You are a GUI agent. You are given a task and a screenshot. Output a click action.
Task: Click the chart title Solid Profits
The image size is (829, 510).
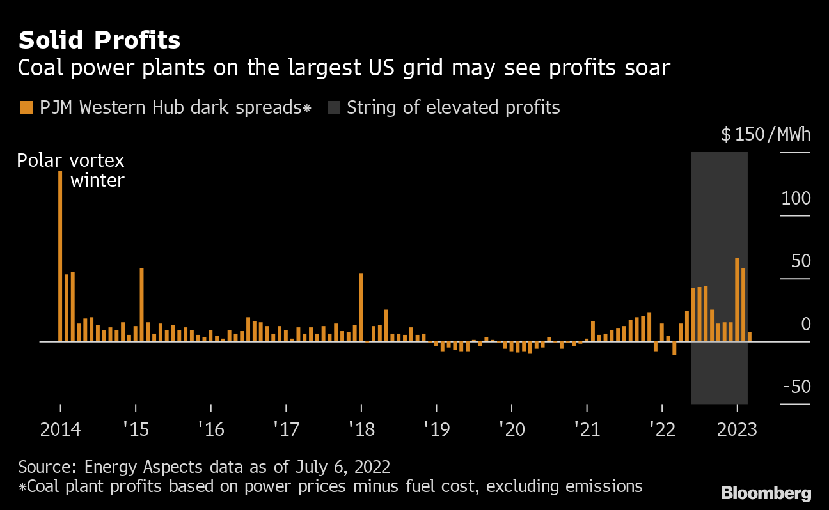pyautogui.click(x=99, y=40)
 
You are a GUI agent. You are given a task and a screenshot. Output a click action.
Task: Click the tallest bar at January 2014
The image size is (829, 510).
pyautogui.click(x=60, y=256)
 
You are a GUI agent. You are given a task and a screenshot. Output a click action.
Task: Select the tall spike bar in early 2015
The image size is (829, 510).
pyautogui.click(x=141, y=304)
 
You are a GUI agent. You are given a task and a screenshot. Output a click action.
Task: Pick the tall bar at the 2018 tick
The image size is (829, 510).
pyautogui.click(x=361, y=307)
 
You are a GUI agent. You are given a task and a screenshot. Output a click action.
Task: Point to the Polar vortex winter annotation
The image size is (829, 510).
pyautogui.click(x=70, y=170)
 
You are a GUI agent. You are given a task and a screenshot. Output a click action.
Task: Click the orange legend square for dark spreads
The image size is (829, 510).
pyautogui.click(x=26, y=107)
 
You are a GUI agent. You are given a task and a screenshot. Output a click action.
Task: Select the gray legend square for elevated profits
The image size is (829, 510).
pyautogui.click(x=333, y=107)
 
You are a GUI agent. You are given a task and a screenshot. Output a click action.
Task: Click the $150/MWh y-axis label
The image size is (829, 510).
pyautogui.click(x=766, y=135)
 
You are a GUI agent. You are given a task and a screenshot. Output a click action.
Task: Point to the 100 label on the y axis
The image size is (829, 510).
pyautogui.click(x=795, y=198)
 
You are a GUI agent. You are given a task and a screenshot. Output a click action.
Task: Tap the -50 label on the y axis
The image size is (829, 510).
pyautogui.click(x=795, y=387)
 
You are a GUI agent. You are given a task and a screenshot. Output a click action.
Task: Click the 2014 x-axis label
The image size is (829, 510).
pyautogui.click(x=60, y=429)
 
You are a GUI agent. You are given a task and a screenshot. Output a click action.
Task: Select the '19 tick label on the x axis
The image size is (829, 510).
pyautogui.click(x=437, y=429)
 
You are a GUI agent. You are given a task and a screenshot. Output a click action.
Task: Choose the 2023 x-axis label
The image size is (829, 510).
pyautogui.click(x=737, y=429)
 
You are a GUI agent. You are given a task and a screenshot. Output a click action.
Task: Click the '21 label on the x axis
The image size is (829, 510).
pyautogui.click(x=587, y=429)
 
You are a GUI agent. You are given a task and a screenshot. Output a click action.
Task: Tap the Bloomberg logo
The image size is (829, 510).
pyautogui.click(x=766, y=493)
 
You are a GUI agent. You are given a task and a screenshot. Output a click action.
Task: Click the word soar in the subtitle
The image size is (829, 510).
pyautogui.click(x=647, y=68)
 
